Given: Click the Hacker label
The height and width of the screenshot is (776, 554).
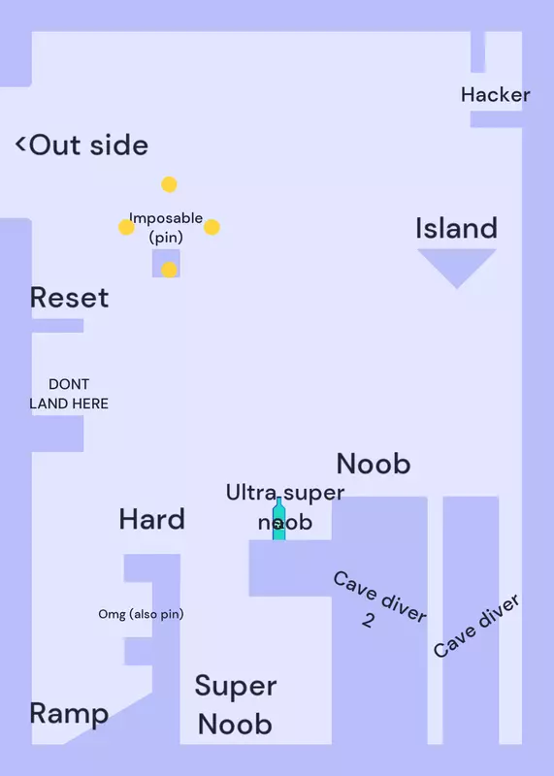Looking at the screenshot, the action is (495, 94).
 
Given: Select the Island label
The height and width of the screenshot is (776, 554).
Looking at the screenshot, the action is (456, 228).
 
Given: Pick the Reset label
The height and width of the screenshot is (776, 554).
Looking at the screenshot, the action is (69, 298).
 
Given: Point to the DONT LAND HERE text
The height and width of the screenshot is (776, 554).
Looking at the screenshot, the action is (69, 394).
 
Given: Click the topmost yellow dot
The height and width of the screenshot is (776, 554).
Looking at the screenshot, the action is (170, 184).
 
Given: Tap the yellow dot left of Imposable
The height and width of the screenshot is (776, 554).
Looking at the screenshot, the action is (126, 227).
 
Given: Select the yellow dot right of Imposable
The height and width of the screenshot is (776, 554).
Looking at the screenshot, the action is (212, 227).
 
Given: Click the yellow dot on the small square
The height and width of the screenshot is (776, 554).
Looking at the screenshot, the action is (170, 270).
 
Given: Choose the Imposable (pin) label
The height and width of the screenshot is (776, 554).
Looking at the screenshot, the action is (166, 228).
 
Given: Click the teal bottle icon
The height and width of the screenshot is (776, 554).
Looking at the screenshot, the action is (279, 519).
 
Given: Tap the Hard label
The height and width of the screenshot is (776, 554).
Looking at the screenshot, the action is (152, 519).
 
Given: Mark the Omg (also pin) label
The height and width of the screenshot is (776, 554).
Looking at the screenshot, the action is (141, 614).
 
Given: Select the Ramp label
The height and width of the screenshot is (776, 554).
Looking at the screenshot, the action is (69, 714).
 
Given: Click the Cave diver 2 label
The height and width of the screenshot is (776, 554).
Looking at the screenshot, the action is (378, 599).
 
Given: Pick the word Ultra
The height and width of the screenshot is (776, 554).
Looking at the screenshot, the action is (251, 493).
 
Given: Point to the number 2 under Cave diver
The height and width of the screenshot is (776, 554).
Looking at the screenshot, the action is (368, 620).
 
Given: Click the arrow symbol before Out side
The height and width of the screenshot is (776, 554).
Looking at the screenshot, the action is (20, 144).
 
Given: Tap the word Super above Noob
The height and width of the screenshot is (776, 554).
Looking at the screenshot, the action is (236, 687).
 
